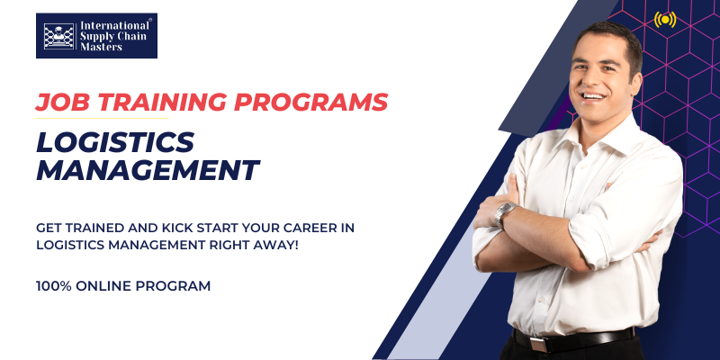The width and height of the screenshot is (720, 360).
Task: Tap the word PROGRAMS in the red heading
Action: click(x=311, y=102)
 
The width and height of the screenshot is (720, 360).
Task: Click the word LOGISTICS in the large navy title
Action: click(x=115, y=143)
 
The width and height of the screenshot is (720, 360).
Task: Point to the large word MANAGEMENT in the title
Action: click(x=148, y=170)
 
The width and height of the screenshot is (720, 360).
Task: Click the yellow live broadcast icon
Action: click(x=665, y=19)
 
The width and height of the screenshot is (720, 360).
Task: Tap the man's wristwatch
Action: click(x=505, y=213)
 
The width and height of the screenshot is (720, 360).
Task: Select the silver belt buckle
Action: click(x=538, y=344)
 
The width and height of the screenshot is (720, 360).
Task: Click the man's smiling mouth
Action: click(x=593, y=96)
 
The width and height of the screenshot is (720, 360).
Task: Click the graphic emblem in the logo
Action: click(x=58, y=36)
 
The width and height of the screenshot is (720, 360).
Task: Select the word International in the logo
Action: click(x=115, y=26)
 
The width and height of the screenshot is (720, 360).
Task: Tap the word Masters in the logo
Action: click(x=102, y=47)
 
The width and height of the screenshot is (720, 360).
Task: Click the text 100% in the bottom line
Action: click(x=54, y=286)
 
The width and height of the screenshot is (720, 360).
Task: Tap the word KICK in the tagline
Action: click(x=174, y=228)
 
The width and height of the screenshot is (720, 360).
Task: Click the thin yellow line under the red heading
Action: click(x=102, y=119)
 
